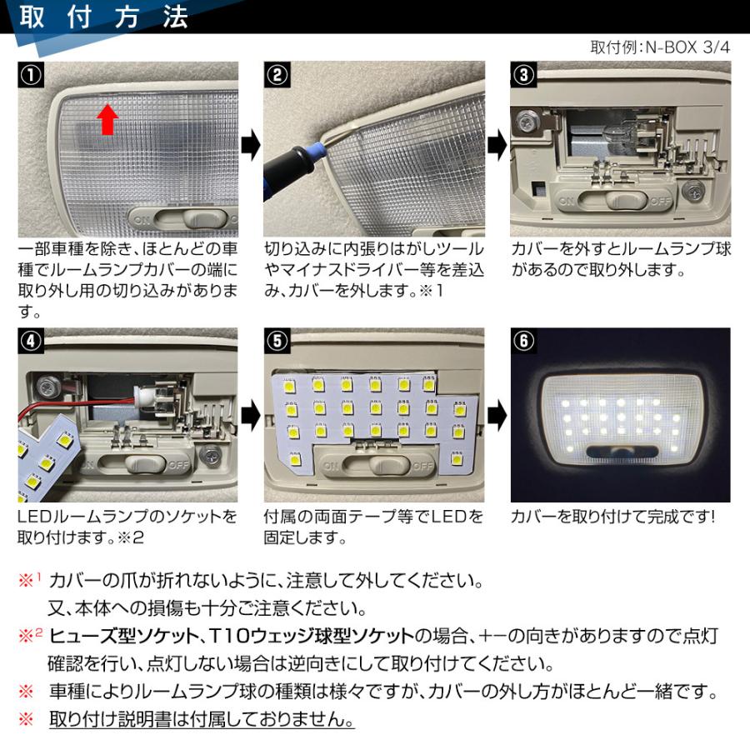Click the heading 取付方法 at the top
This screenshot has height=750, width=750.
pyautogui.click(x=103, y=18)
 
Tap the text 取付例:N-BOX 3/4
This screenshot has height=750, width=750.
pyautogui.click(x=659, y=47)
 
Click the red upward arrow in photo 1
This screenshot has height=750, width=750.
pyautogui.click(x=107, y=118)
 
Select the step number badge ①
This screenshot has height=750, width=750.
pyautogui.click(x=29, y=74)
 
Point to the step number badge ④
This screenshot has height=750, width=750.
pyautogui.click(x=29, y=341)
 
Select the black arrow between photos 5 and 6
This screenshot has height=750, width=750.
pyautogui.click(x=497, y=412)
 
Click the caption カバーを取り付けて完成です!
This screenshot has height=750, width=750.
pyautogui.click(x=612, y=517)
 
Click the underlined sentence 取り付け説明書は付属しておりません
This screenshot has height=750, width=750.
pyautogui.click(x=202, y=719)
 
